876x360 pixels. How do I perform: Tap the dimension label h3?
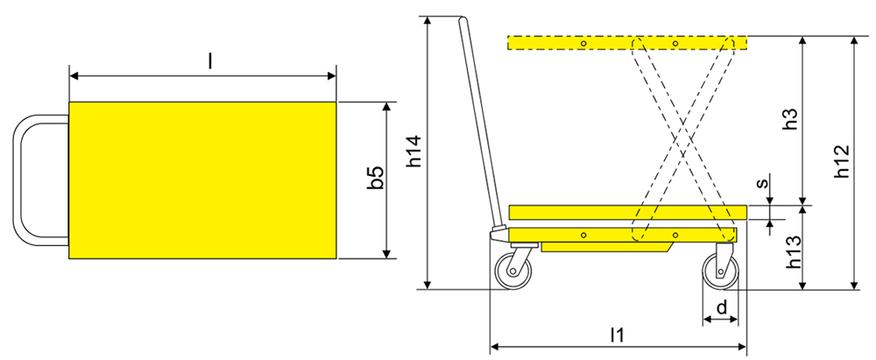[x=790, y=120]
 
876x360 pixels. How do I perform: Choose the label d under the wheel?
[x=721, y=307]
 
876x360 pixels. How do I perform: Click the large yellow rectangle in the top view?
[x=202, y=180]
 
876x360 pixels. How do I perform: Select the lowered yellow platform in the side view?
[x=627, y=212]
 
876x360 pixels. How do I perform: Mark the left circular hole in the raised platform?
[x=583, y=43]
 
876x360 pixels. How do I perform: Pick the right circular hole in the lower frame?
[x=675, y=235]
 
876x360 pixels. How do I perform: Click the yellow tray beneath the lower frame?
[x=604, y=247]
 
